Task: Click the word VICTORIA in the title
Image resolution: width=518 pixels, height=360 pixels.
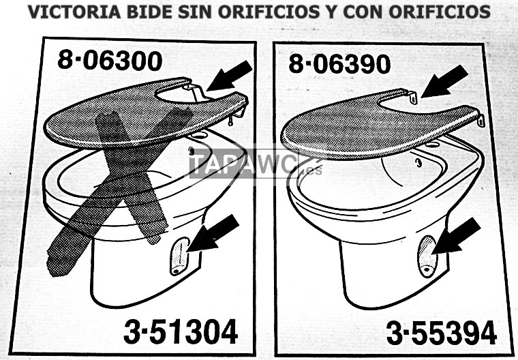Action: (x=74, y=12)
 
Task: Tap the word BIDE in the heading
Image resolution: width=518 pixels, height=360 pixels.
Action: (x=150, y=12)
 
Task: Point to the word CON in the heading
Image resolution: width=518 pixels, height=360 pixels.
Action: (x=363, y=12)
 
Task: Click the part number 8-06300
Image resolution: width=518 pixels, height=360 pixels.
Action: (x=110, y=61)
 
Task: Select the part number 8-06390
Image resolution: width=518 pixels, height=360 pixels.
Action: (x=339, y=64)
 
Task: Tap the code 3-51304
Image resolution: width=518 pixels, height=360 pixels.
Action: (x=181, y=331)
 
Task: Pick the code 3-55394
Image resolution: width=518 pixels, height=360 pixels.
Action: (x=442, y=333)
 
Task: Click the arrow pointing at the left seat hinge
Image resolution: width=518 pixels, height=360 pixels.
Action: (x=229, y=76)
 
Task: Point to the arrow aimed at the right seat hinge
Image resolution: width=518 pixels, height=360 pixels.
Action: (x=444, y=81)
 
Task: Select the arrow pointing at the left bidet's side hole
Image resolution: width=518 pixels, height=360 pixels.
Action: (x=213, y=232)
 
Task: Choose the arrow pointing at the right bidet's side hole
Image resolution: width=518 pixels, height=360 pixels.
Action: (x=456, y=236)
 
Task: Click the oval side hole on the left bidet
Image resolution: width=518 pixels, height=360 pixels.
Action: (x=179, y=256)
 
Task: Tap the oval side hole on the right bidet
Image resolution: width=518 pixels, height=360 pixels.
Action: (x=427, y=256)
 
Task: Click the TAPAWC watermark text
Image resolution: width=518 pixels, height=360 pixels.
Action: (x=244, y=164)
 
